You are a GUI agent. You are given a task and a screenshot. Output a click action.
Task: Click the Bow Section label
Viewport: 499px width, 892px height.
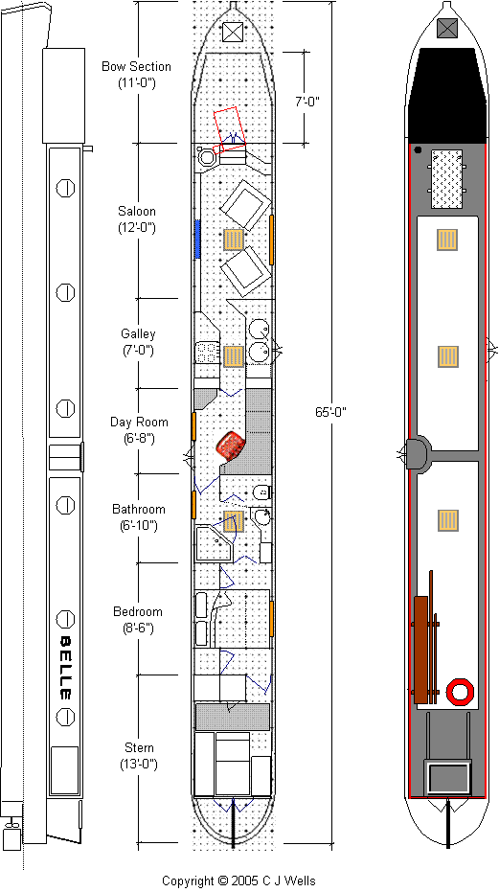[136, 74]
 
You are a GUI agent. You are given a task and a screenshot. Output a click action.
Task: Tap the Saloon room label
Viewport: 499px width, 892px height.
[137, 219]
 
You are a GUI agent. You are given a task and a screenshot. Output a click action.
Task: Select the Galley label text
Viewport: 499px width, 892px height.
[138, 341]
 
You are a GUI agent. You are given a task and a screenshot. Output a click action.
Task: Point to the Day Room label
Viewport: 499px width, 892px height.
[139, 430]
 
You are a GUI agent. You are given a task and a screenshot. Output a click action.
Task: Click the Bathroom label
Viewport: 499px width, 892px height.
[138, 517]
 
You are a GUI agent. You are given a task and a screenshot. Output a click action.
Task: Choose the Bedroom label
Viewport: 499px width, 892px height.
[138, 620]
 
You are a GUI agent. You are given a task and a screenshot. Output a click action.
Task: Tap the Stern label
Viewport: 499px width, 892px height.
[139, 755]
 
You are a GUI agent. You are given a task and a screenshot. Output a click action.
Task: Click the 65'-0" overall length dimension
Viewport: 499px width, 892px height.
[330, 411]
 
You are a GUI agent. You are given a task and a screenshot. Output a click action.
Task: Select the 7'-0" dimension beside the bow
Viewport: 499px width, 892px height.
[307, 102]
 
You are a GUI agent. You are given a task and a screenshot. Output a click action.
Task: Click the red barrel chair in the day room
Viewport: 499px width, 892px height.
[231, 445]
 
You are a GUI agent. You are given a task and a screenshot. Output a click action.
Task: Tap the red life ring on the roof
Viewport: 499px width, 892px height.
[460, 691]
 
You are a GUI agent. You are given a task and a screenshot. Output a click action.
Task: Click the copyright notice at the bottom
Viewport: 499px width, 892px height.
[238, 881]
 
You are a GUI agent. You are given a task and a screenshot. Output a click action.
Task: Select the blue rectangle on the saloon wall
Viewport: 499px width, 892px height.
[198, 240]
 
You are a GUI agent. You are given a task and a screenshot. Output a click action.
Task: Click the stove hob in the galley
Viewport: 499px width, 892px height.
[208, 353]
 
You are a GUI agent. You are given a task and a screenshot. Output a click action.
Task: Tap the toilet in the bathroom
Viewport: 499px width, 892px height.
[261, 492]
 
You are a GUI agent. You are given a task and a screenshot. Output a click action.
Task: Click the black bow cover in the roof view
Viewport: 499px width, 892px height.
[447, 95]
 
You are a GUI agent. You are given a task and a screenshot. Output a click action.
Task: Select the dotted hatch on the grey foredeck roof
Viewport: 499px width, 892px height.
[446, 178]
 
